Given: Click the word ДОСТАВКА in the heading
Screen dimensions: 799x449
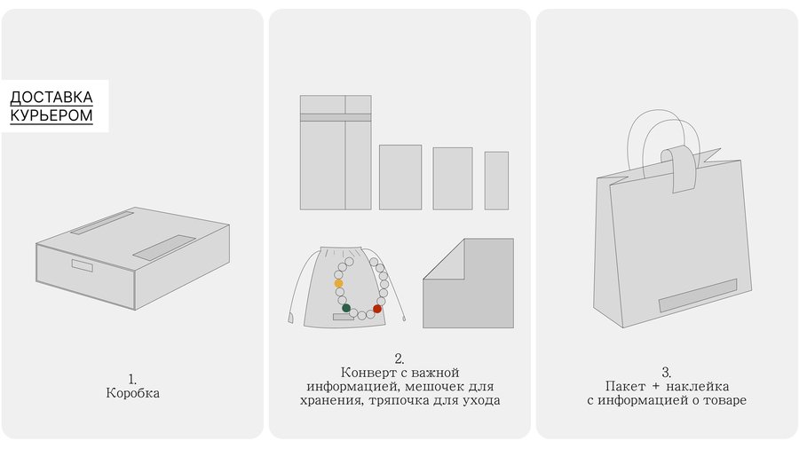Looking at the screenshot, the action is click(51, 98).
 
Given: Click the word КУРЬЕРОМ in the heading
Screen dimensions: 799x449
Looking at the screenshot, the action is click(51, 115).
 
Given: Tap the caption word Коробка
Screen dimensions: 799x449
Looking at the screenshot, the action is click(132, 393).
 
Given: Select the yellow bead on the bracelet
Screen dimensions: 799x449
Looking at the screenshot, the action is click(338, 284).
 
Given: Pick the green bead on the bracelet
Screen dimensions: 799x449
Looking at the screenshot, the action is click(346, 308).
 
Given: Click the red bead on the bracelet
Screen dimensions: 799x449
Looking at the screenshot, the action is click(377, 309).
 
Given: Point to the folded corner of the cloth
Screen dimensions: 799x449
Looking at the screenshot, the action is click(443, 259).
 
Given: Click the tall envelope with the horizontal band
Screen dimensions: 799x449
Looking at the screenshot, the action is click(336, 153).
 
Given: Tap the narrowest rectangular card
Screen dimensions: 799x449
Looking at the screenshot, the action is click(496, 180).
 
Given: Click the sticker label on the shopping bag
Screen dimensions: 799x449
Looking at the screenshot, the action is click(698, 295).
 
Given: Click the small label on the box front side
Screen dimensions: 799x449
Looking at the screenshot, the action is click(82, 265).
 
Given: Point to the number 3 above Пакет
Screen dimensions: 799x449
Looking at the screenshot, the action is click(666, 372).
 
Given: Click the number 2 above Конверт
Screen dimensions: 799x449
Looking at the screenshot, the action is click(399, 358).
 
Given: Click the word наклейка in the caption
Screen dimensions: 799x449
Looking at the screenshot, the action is click(697, 386).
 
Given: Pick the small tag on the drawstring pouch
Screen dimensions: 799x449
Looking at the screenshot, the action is click(343, 317).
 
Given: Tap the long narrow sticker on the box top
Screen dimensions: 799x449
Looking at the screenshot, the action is click(102, 223).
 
